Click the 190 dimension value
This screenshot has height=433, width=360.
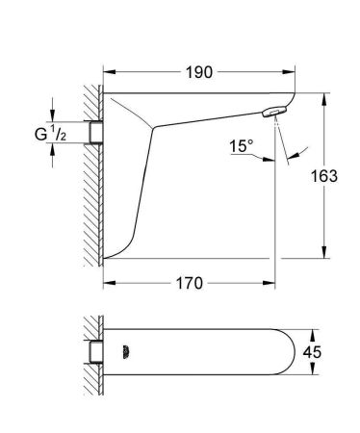click(x=199, y=72)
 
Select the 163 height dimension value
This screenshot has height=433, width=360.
click(x=324, y=176)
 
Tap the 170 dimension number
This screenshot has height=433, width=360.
click(x=190, y=283)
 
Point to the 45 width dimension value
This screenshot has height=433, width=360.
click(x=312, y=352)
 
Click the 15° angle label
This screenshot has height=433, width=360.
click(x=241, y=146)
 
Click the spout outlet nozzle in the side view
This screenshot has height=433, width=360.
click(x=275, y=112)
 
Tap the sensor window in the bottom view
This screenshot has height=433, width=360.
click(x=125, y=352)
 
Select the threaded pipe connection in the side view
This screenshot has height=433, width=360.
click(x=96, y=132)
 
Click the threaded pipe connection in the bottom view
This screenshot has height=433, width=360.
click(x=96, y=352)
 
